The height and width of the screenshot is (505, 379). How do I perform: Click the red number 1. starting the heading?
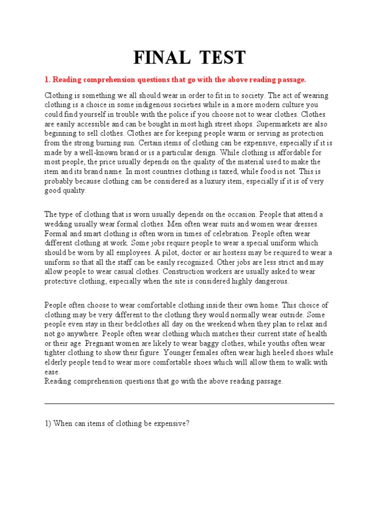pos(48,79)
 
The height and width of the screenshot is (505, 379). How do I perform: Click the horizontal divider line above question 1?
pos(189,403)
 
